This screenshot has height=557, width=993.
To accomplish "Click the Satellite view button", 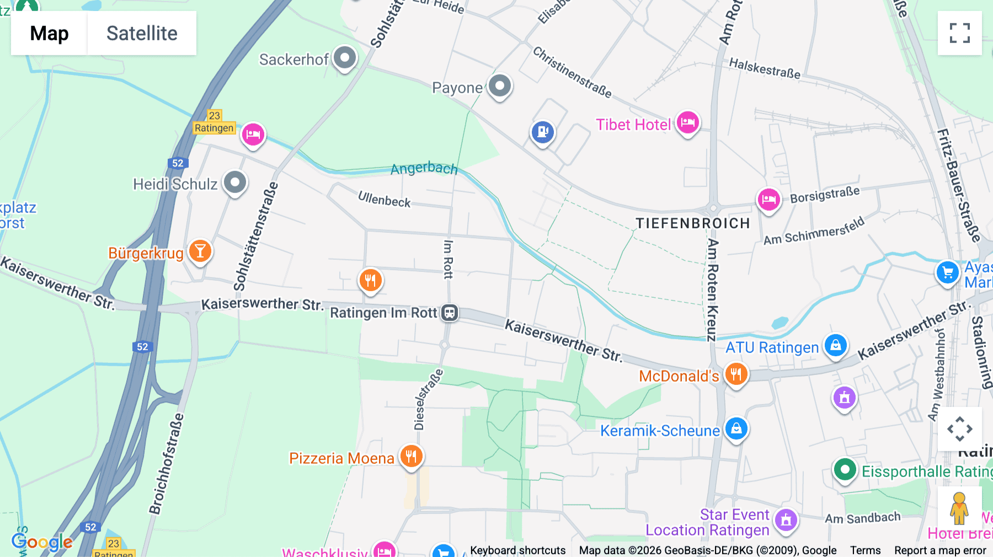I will pyautogui.click(x=142, y=33).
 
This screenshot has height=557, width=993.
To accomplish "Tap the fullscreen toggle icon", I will pyautogui.click(x=959, y=33).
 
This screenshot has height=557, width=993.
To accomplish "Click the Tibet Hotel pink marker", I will pyautogui.click(x=688, y=122).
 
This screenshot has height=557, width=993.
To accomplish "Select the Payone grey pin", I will pyautogui.click(x=500, y=86).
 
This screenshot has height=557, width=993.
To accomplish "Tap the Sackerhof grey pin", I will pyautogui.click(x=345, y=57).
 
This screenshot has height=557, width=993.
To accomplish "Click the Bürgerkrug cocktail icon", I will pyautogui.click(x=200, y=251).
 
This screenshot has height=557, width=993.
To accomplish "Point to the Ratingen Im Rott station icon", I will pyautogui.click(x=450, y=313).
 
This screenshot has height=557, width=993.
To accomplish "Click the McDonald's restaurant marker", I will pyautogui.click(x=736, y=374).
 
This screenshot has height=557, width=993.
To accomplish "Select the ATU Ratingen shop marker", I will pyautogui.click(x=836, y=345).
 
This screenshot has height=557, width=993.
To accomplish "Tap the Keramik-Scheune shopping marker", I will pyautogui.click(x=736, y=429).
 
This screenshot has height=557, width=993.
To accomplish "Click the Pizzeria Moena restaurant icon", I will pyautogui.click(x=411, y=457).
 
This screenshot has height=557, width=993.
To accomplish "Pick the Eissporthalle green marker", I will pyautogui.click(x=845, y=470).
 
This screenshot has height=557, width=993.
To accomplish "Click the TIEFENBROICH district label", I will pyautogui.click(x=692, y=223).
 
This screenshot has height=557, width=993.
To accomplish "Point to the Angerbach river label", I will pyautogui.click(x=424, y=168).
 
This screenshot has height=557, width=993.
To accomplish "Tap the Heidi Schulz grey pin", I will pyautogui.click(x=235, y=182).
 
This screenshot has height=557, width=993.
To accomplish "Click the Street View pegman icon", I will pyautogui.click(x=959, y=508).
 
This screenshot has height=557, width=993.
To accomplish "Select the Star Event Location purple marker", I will pyautogui.click(x=786, y=519).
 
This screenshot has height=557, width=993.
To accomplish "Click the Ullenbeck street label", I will pyautogui.click(x=384, y=199).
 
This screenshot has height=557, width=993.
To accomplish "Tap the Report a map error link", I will pyautogui.click(x=940, y=550).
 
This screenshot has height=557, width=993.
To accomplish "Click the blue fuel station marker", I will pyautogui.click(x=543, y=132).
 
